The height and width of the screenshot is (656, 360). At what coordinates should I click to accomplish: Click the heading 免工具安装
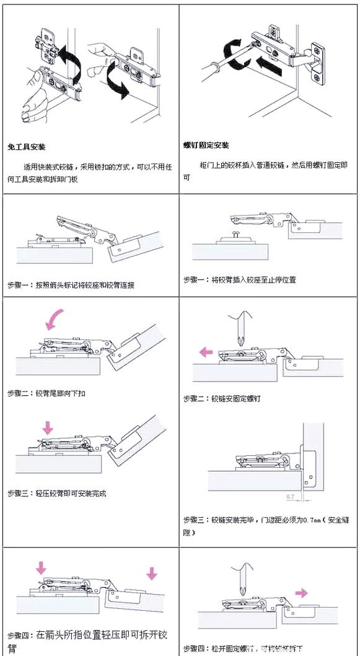27,147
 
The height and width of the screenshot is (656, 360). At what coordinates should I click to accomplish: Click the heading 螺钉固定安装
206,146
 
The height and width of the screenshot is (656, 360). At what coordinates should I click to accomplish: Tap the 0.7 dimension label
290,496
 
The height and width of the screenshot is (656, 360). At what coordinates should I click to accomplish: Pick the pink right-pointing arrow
302,593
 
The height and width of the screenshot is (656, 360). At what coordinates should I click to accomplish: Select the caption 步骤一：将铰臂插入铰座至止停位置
240,280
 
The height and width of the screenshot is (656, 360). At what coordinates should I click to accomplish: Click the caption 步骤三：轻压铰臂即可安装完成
57,493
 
